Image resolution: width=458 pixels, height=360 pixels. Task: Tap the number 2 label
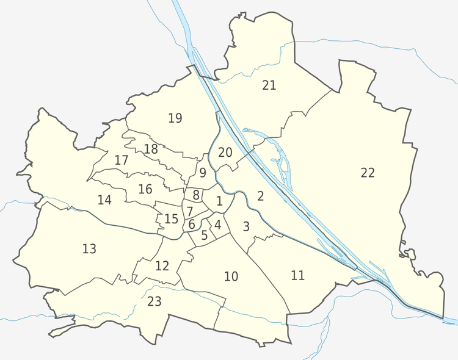click(261, 196)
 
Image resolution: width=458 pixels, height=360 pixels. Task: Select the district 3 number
click(246, 226)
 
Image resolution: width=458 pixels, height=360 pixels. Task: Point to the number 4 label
click(217, 224)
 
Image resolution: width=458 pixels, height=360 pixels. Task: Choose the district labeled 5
click(205, 234)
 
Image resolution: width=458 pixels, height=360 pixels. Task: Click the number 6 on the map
click(192, 224)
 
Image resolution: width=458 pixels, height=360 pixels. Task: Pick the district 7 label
click(190, 211)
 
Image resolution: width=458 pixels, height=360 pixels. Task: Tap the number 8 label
click(195, 195)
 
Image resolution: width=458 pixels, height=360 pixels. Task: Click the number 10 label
click(231, 276)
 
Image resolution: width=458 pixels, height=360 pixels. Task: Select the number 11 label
click(297, 275)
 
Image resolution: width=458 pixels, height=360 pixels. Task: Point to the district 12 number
click(162, 265)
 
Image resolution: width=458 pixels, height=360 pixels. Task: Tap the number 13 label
click(89, 248)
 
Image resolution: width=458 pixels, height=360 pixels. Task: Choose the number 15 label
click(172, 218)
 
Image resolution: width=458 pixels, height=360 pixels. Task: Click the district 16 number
click(145, 189)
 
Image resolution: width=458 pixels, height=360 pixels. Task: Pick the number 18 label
click(151, 148)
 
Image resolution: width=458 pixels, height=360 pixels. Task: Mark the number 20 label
click(225, 152)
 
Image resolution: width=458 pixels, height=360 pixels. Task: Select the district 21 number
click(269, 85)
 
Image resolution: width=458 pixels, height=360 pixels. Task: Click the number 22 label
click(367, 173)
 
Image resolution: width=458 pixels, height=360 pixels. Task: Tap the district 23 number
click(154, 301)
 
